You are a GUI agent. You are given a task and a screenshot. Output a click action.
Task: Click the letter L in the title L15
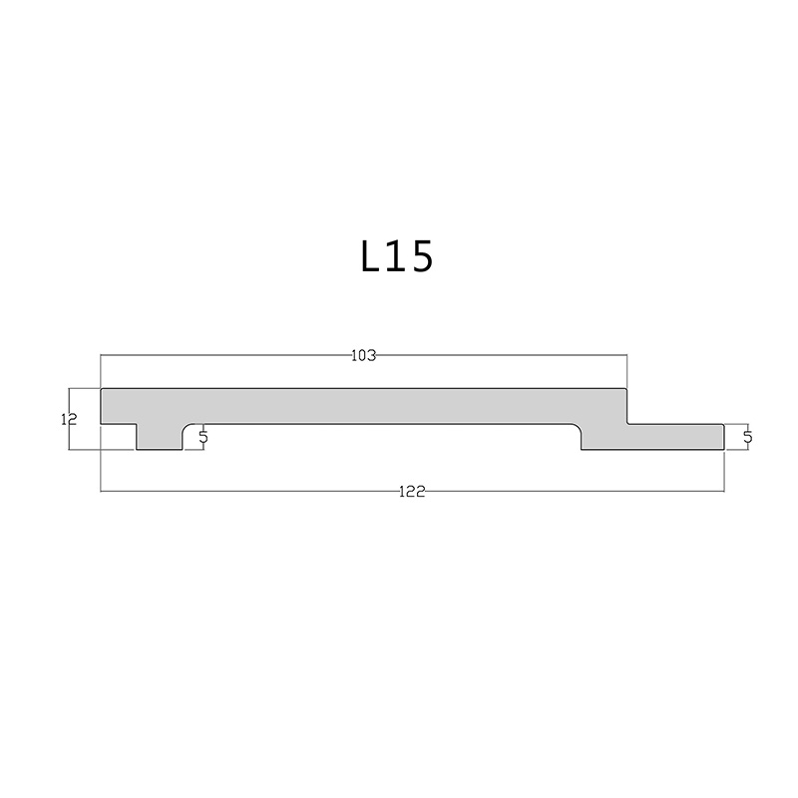click(x=373, y=257)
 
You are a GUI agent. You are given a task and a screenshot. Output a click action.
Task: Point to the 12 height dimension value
click(x=69, y=420)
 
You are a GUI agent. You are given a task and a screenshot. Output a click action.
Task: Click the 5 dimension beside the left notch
click(x=203, y=436)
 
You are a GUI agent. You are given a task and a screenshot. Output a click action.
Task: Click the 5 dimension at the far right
click(x=747, y=436)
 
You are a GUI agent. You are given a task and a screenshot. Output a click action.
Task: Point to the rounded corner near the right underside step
click(x=576, y=428)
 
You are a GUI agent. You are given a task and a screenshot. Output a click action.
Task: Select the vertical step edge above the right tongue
click(x=626, y=406)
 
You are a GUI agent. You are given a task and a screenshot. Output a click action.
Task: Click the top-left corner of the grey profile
click(x=103, y=389)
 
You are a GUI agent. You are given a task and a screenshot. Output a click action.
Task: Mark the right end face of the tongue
click(x=724, y=436)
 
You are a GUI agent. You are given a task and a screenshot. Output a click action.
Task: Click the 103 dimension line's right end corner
click(x=626, y=355)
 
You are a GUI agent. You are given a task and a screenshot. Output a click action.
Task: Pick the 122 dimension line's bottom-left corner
click(x=103, y=491)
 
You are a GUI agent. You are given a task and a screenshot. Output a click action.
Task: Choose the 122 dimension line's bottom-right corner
click(x=724, y=491)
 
